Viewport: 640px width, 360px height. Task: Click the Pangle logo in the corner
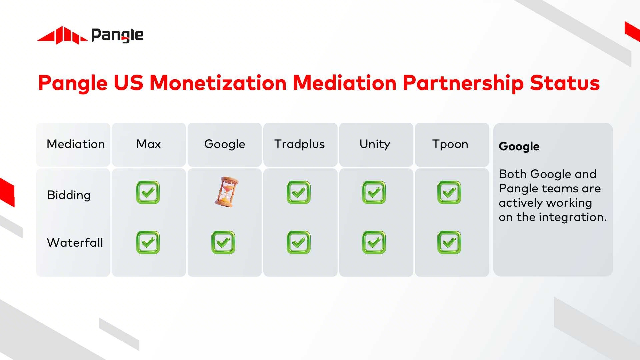coord(90,35)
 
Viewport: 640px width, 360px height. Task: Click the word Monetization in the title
coord(218,83)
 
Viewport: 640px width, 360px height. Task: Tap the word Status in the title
coord(565,83)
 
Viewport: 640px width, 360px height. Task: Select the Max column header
coord(149,144)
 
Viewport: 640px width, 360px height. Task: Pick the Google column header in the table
coord(225,144)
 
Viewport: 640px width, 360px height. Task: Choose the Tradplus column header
coord(300,144)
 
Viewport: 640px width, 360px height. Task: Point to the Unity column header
coord(375,144)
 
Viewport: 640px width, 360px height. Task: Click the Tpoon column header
coord(450,144)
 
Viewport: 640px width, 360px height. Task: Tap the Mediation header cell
coord(76,144)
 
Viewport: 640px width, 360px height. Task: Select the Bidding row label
coord(69,195)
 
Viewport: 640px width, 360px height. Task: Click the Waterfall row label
coord(75,242)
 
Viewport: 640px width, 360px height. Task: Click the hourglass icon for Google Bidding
coord(226,192)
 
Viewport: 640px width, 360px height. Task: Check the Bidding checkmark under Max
coord(148,192)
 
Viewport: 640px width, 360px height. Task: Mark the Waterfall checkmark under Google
coord(223,242)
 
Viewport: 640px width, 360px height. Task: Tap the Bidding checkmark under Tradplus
coord(299,192)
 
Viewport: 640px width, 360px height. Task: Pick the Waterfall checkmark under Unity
coord(374,242)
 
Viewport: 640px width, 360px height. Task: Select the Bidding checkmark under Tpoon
coord(449,192)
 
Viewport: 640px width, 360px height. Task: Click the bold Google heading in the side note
coord(519,146)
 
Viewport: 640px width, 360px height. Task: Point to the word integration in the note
coord(573,217)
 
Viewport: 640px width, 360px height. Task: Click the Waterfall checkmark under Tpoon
coord(449,242)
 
